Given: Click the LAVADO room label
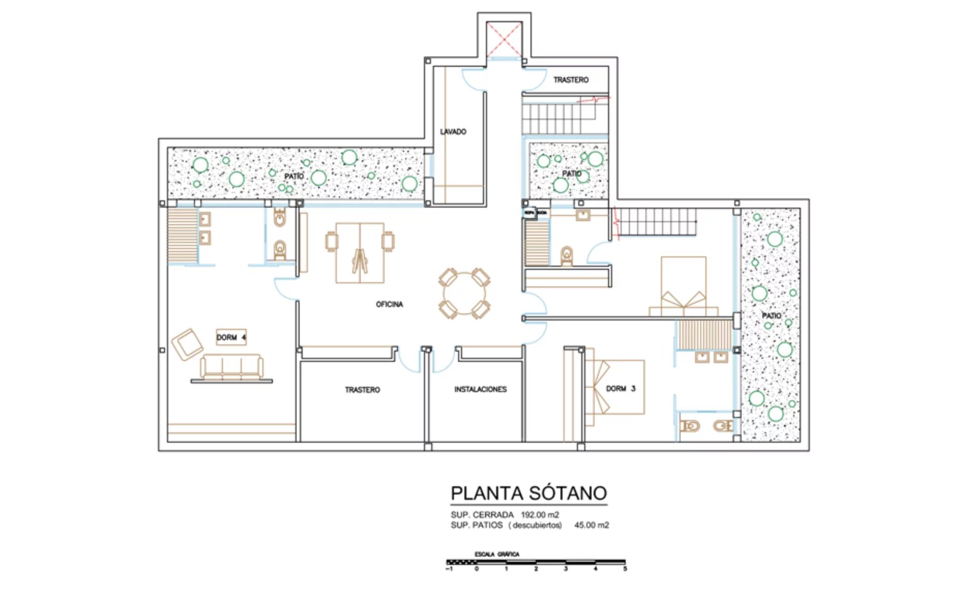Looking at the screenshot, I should pos(453,132).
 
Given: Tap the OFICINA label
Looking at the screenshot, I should pos(389,304).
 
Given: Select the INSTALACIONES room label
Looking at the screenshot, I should pos(480,389).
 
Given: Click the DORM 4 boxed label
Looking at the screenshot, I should pos(231,337).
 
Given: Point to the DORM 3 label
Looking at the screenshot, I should pos(621,388).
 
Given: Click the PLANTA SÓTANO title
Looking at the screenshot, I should pos(528,493).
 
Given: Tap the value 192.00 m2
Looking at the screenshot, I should pos(540,515).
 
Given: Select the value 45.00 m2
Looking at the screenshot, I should pos(592,525).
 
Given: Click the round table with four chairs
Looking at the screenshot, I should pos(464,293).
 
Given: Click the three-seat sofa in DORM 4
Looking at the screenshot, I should pos(231,367).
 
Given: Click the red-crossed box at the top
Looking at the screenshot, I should pos(504,39).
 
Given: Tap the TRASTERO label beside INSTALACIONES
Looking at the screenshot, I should pos(362,390).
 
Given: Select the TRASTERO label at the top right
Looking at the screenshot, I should pos(571,80).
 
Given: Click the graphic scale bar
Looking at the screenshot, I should pos(536,562).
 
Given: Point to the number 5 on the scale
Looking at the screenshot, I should pos(625,569).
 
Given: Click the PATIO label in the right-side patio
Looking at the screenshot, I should pos(771,316).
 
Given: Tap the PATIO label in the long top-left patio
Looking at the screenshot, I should pos(294,177).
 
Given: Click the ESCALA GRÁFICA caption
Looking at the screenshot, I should pos(497,554).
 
